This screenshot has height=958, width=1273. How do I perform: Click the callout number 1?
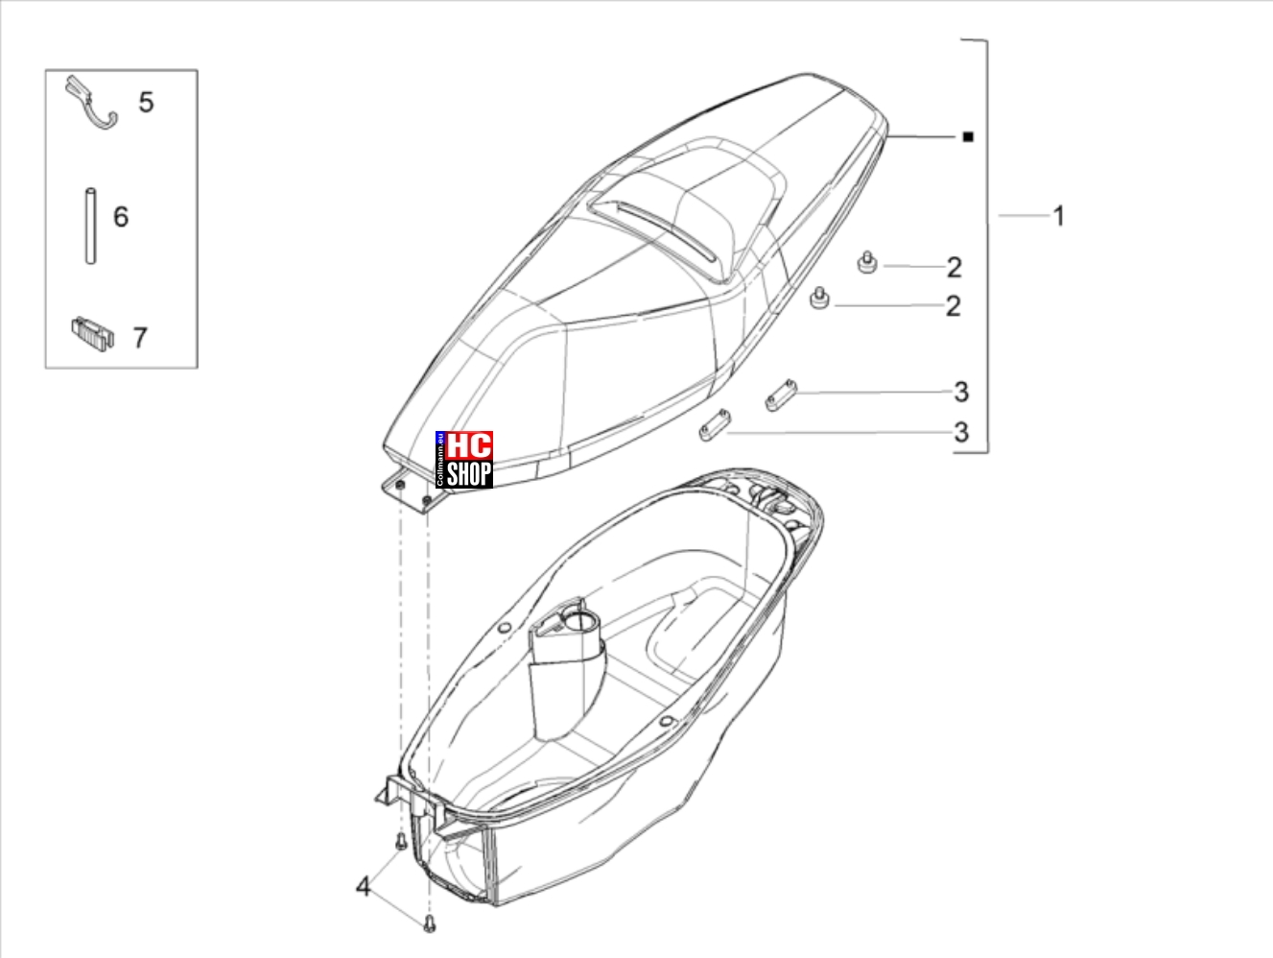point(1059,216)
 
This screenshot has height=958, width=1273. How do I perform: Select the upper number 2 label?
point(954,268)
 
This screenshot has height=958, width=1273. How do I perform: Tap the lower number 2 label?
point(954,306)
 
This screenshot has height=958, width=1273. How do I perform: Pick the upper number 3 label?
point(961,393)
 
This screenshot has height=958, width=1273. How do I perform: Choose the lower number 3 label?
point(961,432)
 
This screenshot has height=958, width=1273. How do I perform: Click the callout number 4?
point(363,887)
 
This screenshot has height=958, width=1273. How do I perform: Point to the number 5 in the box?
point(146,102)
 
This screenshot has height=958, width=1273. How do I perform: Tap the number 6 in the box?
point(121,217)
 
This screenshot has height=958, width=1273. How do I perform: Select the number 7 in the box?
point(140,338)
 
